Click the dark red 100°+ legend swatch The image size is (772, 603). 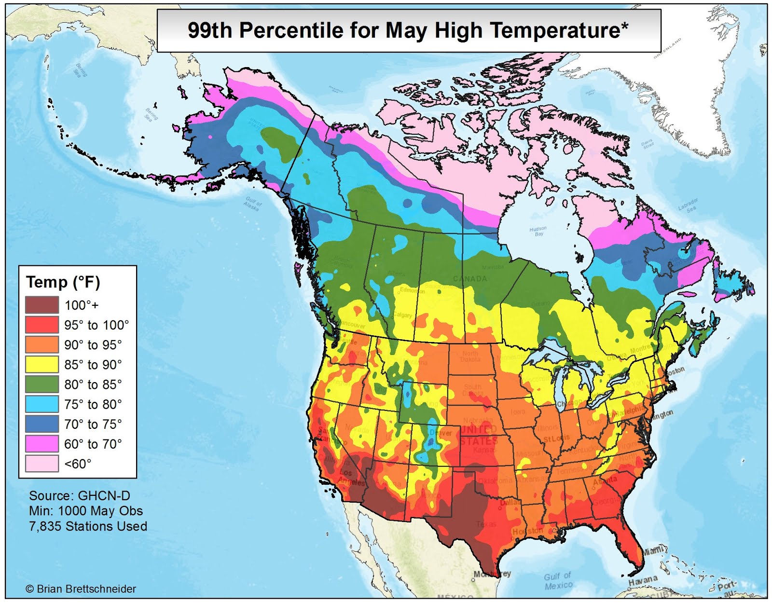(42, 305)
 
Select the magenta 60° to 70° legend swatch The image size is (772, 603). (42, 443)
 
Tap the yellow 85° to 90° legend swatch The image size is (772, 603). (42, 364)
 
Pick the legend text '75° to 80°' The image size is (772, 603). (93, 404)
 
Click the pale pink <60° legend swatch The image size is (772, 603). (42, 464)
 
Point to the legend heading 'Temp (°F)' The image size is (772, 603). (63, 282)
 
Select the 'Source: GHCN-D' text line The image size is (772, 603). (80, 496)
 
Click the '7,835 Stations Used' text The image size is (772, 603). (88, 526)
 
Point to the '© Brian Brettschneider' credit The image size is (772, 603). (81, 589)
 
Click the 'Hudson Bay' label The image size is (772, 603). (538, 231)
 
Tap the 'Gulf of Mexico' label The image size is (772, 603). (558, 581)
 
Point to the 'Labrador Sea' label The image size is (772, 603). (689, 205)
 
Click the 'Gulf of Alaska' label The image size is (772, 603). (252, 203)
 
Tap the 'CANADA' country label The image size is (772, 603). (470, 279)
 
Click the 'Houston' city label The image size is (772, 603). (527, 531)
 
